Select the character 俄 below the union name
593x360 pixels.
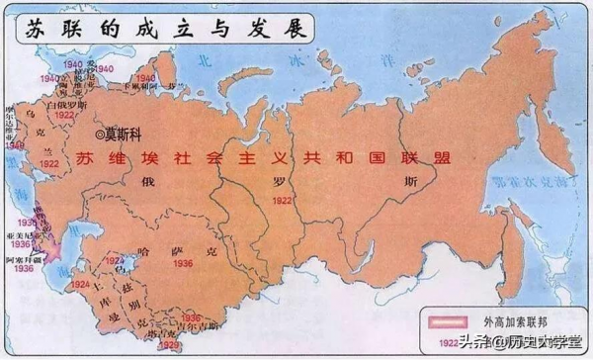[x=149, y=182]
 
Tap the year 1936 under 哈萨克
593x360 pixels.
[x=182, y=264]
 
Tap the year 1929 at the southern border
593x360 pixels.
[x=171, y=346]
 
